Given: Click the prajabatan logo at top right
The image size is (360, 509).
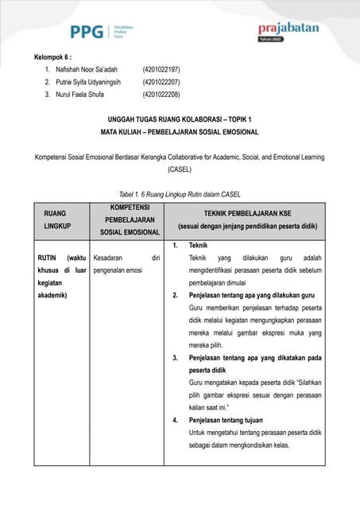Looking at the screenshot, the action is (x=288, y=29).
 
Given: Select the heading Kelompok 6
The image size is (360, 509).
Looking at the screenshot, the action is (x=54, y=57).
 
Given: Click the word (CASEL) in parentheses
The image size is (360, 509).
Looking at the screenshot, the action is (x=180, y=169).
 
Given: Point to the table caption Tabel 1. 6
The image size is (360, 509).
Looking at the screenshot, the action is (x=180, y=195).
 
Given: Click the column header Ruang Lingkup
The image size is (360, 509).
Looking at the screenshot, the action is (x=55, y=220).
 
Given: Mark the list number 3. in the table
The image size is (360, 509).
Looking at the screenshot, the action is (x=176, y=358).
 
